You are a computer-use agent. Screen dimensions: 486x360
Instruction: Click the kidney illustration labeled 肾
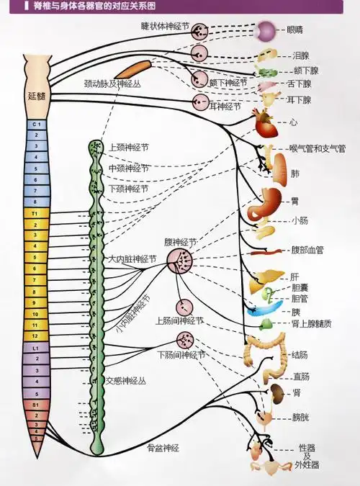pyautogui.click(x=276, y=392)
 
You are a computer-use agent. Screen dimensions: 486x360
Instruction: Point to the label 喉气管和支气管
pyautogui.click(x=317, y=148)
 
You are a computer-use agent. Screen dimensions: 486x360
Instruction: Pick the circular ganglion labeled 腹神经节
pyautogui.click(x=181, y=263)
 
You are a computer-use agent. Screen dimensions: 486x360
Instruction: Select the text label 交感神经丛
pyautogui.click(x=126, y=379)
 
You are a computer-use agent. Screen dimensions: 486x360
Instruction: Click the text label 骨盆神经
pyautogui.click(x=163, y=447)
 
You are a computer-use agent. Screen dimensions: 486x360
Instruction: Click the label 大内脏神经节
pyautogui.click(x=132, y=258)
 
